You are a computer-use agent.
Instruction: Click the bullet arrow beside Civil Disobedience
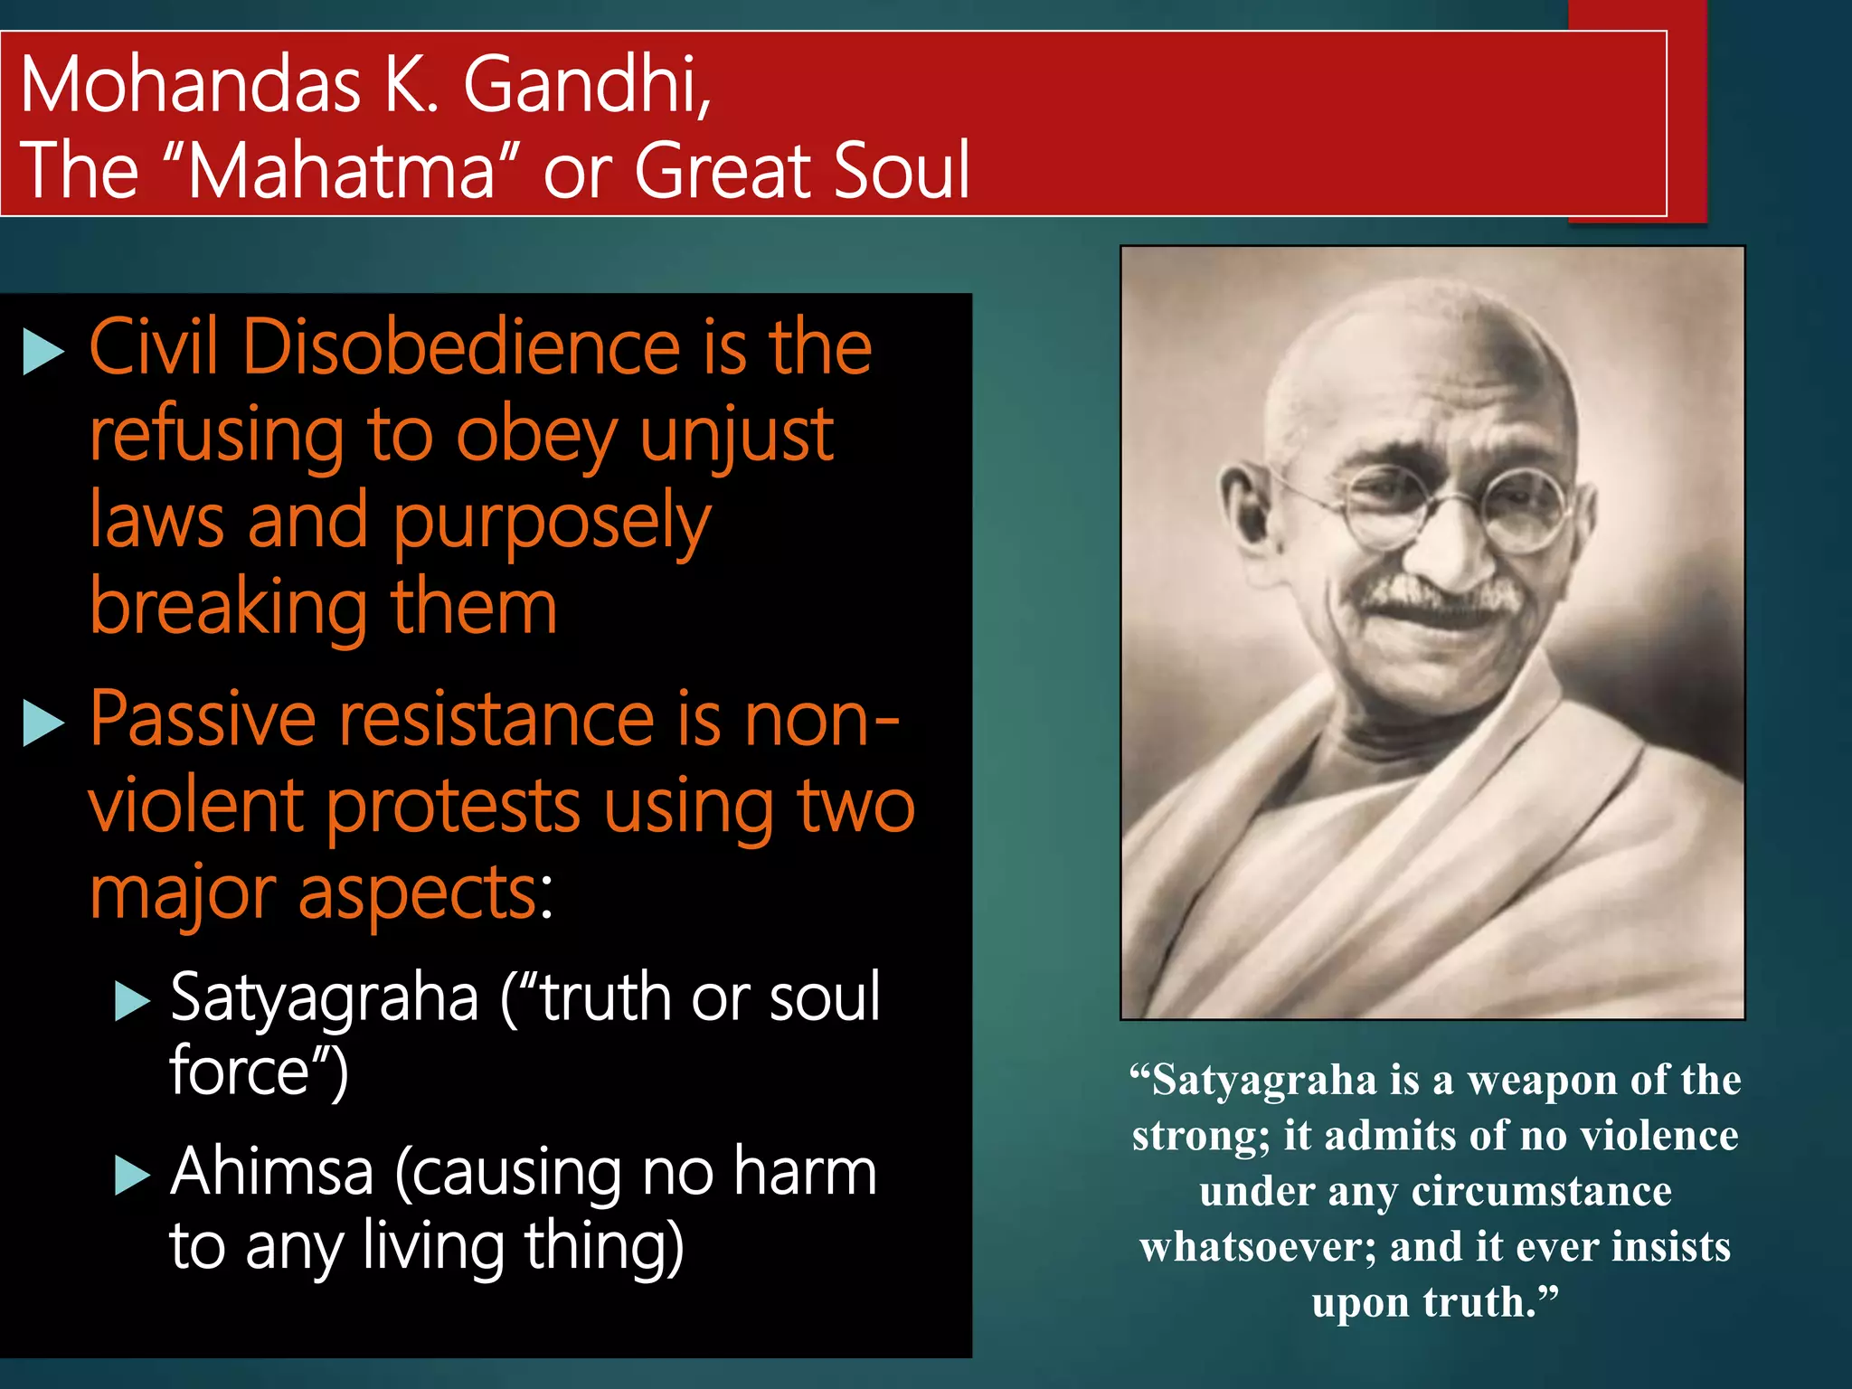43,352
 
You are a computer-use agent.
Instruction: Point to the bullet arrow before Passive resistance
43,723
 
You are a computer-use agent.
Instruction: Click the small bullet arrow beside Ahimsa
132,1176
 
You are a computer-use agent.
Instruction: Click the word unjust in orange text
736,435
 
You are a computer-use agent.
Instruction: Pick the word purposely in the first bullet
552,523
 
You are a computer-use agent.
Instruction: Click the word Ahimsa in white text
271,1171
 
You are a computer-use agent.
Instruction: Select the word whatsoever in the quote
1257,1247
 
